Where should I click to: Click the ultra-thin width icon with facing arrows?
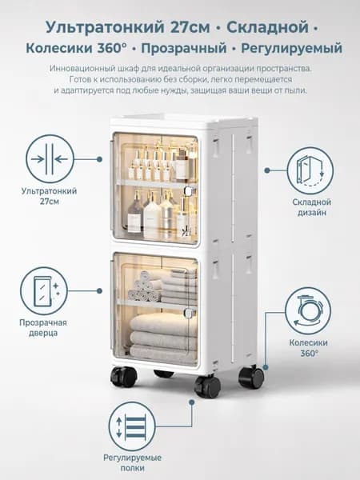click(50, 159)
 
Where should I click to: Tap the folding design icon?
click(310, 170)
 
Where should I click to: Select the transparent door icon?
click(44, 291)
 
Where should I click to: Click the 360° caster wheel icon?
click(308, 311)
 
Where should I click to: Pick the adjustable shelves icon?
click(132, 426)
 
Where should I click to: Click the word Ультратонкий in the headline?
click(105, 27)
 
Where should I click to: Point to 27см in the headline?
click(190, 27)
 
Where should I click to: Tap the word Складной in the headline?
click(267, 27)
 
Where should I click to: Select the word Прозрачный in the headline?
click(184, 48)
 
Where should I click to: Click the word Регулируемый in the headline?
click(291, 48)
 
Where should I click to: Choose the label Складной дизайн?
click(312, 207)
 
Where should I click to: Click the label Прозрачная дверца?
click(43, 327)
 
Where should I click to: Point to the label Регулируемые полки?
click(132, 463)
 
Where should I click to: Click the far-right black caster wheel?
click(251, 377)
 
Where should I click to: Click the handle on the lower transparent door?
click(189, 313)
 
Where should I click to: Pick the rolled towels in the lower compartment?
click(145, 288)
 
